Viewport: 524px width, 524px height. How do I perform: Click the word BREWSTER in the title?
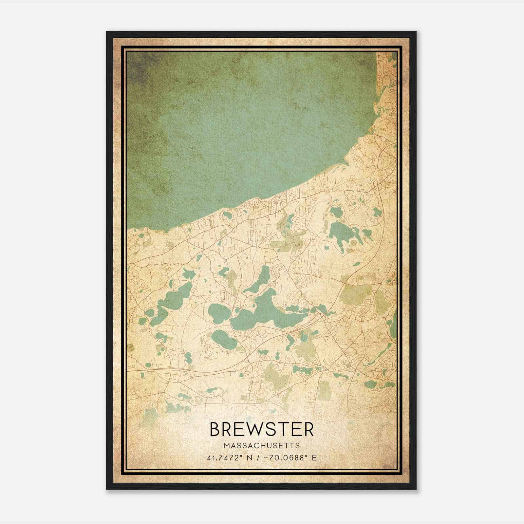coord(261,429)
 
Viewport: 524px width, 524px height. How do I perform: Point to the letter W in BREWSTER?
coord(256,429)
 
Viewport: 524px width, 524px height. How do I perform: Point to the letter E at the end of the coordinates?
coord(314,458)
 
